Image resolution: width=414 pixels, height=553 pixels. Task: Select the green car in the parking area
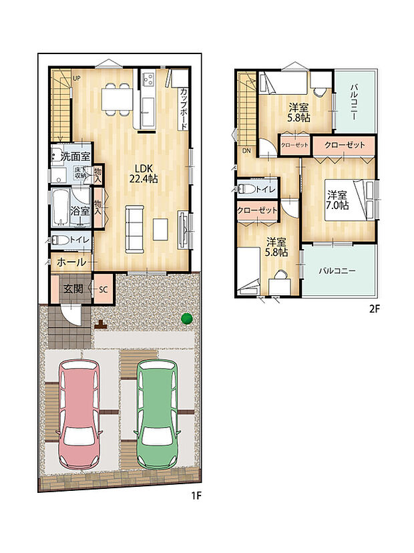pos(158,415)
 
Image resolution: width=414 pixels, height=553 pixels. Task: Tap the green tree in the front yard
pos(186,319)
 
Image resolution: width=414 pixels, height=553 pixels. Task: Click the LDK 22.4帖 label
pos(143,174)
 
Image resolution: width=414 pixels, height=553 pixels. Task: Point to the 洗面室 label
pos(75,156)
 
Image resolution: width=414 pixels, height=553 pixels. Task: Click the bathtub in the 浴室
pos(61,208)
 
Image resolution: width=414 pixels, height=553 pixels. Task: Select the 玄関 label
pos(73,289)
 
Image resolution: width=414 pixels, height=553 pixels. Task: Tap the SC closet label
pos(103,290)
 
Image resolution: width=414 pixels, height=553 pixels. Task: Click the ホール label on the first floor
pos(71,262)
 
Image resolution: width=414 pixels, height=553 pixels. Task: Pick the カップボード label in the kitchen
pos(184,109)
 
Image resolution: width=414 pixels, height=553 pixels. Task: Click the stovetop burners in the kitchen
pos(148,77)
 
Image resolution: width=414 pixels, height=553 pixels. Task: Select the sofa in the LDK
pos(135,229)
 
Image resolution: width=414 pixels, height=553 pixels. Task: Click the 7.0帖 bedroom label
pos(337,200)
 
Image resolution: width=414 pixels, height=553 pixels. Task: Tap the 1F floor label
pos(196,496)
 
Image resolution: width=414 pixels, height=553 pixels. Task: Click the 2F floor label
pos(374,309)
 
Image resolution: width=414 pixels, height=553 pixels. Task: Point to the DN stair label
pos(246,151)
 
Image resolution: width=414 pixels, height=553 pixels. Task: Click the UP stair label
pos(77,78)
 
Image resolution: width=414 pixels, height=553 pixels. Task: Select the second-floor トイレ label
pos(266,190)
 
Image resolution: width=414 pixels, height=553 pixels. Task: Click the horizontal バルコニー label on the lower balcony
pos(337,271)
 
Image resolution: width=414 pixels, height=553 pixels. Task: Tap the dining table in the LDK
pos(117,99)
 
